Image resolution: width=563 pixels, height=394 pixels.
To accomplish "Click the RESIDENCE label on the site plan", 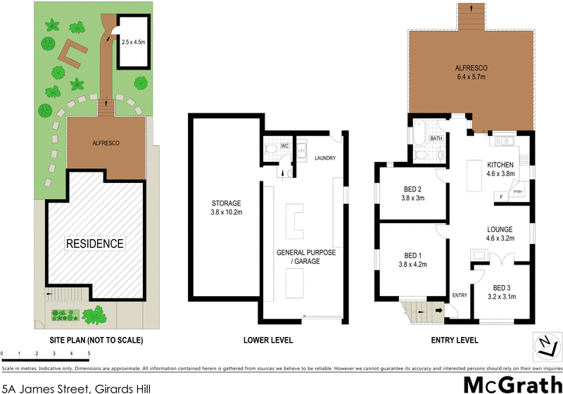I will tap(94, 244).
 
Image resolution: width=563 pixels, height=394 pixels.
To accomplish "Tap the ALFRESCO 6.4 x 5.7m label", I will tap(471, 73).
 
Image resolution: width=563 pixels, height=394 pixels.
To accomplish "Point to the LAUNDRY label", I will tap(326, 158).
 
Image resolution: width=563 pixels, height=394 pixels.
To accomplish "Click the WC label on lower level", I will tap(285, 146).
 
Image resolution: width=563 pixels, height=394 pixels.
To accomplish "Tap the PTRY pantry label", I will tap(517, 191).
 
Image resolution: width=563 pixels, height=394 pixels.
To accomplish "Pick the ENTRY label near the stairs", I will tap(460, 295).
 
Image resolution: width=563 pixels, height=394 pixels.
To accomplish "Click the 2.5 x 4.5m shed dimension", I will tap(134, 42).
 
